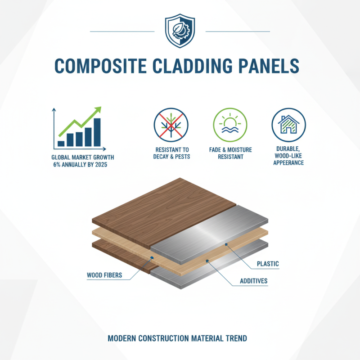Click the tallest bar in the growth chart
97,132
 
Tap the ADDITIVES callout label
252,281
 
